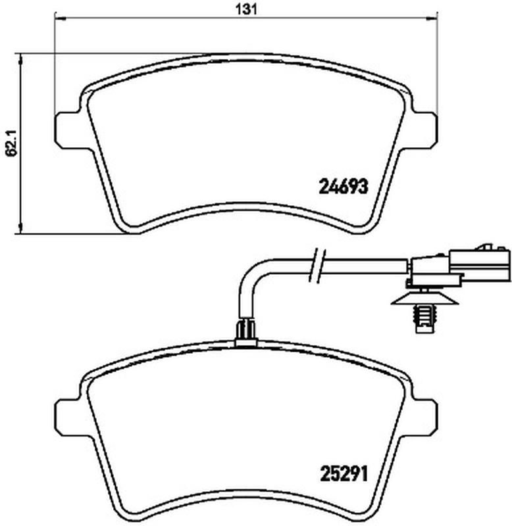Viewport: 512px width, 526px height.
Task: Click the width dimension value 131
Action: (247, 10)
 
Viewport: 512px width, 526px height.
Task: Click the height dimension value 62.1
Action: (12, 143)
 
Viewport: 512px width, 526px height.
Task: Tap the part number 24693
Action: (343, 187)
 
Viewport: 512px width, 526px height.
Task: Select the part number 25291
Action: (343, 474)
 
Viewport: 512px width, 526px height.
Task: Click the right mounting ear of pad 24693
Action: (424, 130)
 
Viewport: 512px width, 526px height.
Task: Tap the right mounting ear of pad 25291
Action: (424, 418)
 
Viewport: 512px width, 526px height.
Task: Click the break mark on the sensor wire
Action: (317, 266)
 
